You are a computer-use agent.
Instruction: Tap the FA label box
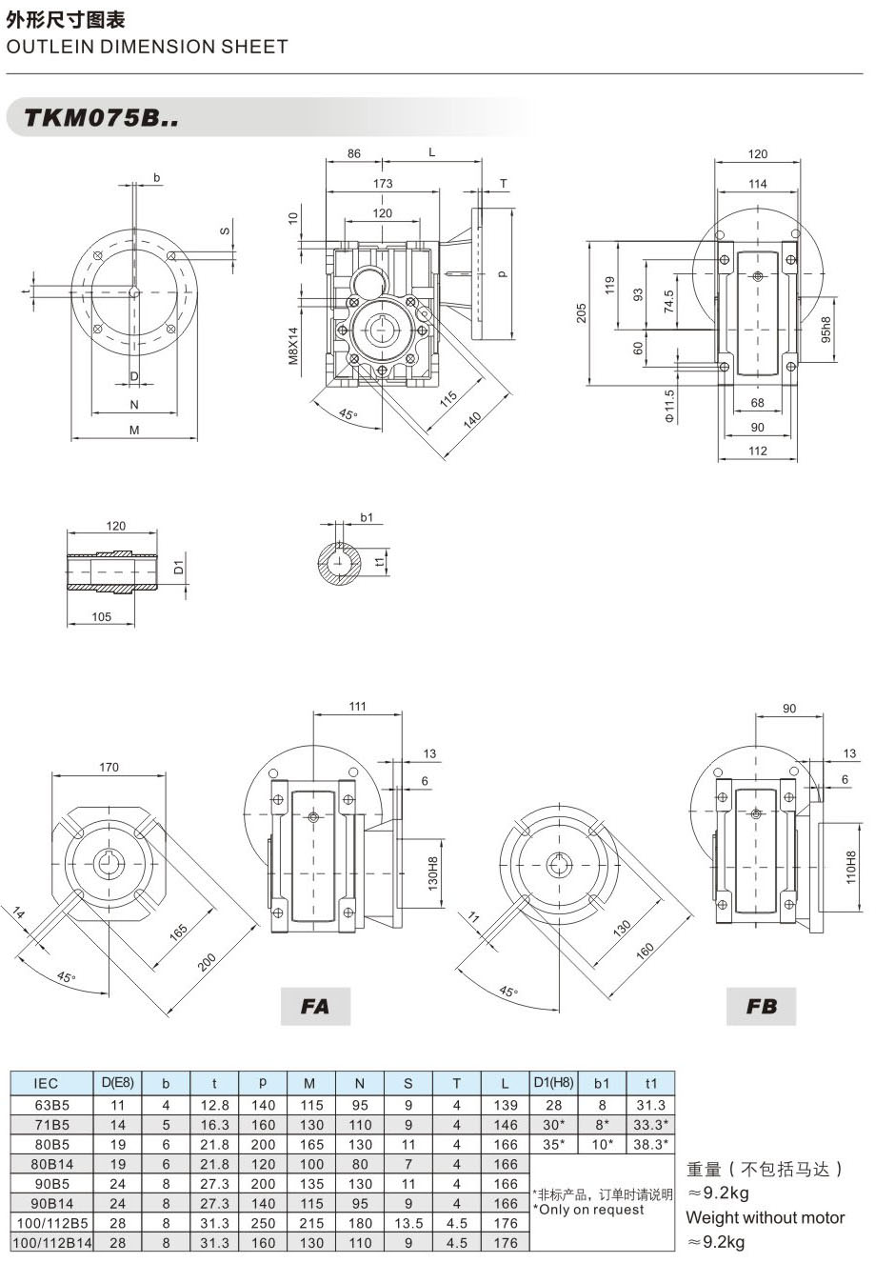(x=315, y=1006)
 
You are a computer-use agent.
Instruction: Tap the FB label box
(x=761, y=1006)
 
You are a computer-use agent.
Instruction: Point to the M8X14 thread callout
(x=293, y=346)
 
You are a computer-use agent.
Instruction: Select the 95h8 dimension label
(x=825, y=330)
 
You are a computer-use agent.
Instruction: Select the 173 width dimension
(x=383, y=183)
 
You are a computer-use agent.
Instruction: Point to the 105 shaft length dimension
(x=102, y=616)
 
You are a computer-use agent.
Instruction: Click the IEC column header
(x=46, y=1083)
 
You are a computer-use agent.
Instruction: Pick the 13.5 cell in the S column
(x=408, y=1223)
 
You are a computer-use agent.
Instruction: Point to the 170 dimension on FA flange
(x=109, y=766)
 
